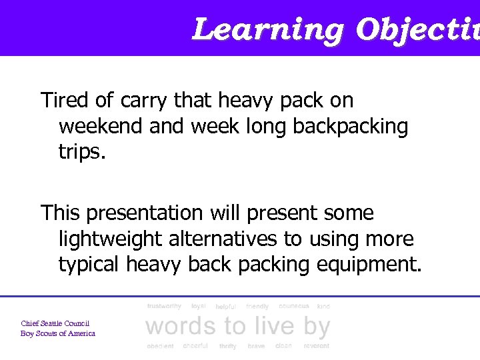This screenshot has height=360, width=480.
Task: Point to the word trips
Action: pyautogui.click(x=82, y=151)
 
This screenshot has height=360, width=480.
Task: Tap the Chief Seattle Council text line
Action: pyautogui.click(x=55, y=323)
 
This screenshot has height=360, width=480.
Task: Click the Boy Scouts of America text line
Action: pyautogui.click(x=58, y=333)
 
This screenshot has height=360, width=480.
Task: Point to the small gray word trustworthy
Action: pyautogui.click(x=164, y=306)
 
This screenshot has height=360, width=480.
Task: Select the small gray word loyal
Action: pyautogui.click(x=199, y=306)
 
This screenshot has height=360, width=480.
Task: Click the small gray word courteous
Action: pyautogui.click(x=294, y=306)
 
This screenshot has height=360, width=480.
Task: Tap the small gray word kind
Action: pyautogui.click(x=323, y=306)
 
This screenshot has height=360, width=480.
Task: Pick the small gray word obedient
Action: pyautogui.click(x=160, y=346)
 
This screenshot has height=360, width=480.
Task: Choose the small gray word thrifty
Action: pyautogui.click(x=228, y=346)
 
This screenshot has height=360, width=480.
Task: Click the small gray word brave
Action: pyautogui.click(x=256, y=346)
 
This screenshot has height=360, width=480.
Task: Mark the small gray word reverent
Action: pyautogui.click(x=317, y=346)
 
